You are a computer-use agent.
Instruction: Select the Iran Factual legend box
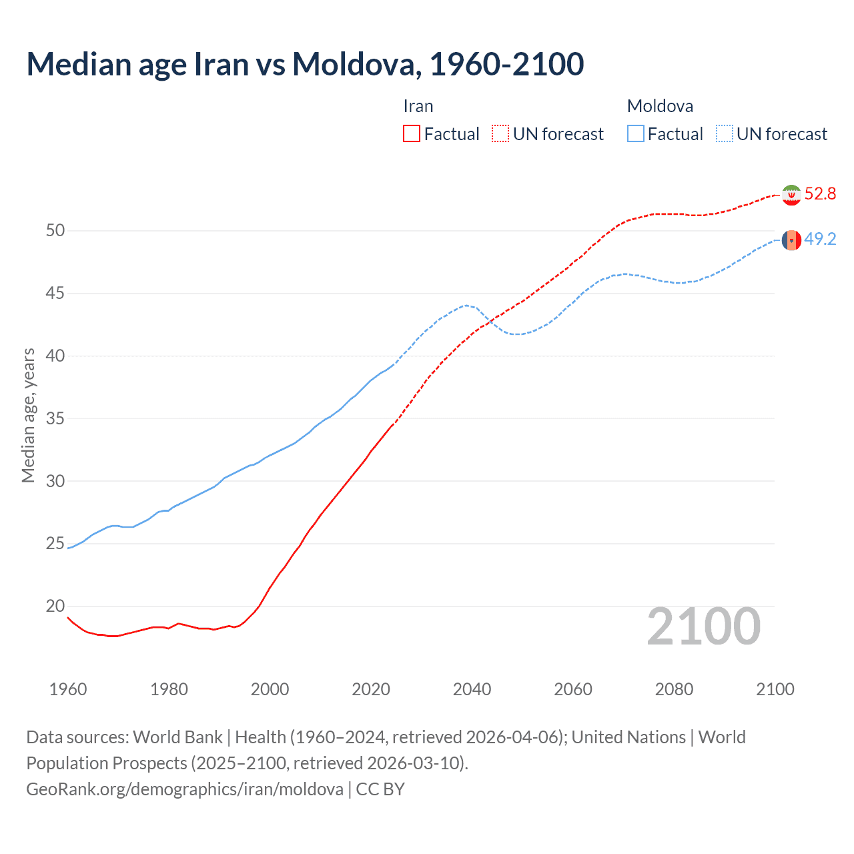[412, 133]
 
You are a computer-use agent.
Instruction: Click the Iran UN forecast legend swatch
[500, 133]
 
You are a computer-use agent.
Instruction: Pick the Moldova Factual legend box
[636, 133]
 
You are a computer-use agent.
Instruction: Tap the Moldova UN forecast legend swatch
[724, 133]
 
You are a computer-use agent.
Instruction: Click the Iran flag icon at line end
[791, 195]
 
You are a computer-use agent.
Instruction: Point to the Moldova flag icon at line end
[791, 240]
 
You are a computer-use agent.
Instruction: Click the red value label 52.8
[820, 194]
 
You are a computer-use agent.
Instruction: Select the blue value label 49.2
[820, 240]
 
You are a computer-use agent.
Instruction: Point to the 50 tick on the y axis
[55, 231]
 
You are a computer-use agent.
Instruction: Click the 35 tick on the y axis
[55, 419]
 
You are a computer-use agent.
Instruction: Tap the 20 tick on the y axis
[55, 606]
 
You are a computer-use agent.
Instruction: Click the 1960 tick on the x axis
[68, 689]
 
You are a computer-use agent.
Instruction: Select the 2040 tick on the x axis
[472, 689]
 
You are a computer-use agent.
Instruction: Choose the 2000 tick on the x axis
[270, 689]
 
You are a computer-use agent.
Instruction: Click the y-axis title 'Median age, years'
[28, 415]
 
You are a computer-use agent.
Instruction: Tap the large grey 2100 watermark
[703, 626]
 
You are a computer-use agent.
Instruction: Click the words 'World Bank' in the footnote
[177, 737]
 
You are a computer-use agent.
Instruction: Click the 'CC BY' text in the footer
[380, 789]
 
